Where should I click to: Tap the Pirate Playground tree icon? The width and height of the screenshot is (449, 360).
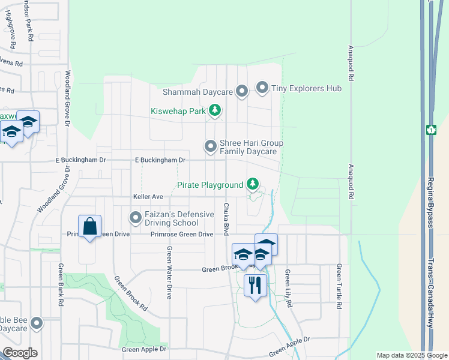pos(253,184)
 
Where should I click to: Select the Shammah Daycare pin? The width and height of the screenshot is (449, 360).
pos(242,92)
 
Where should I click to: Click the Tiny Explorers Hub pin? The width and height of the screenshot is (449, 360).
pos(262,88)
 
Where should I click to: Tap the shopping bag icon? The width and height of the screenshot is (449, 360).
pos(90,227)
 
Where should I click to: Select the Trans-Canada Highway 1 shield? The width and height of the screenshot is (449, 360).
pos(430,130)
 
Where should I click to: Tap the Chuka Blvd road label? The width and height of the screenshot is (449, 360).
pos(227,219)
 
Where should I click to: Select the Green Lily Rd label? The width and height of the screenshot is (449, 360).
pos(288,289)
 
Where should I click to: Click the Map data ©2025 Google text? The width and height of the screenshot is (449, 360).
pos(411,355)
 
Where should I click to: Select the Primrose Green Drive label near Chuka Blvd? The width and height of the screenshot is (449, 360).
pos(182,234)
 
